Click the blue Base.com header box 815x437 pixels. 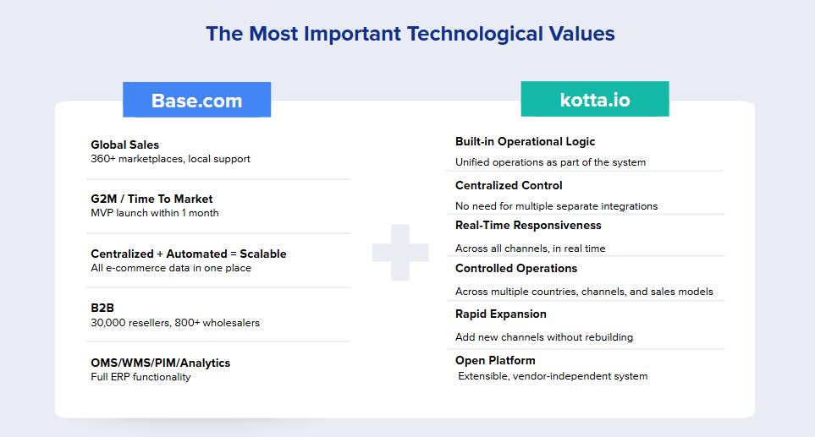point(196,100)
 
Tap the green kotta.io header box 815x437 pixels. point(595,99)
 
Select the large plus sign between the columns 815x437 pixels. point(400,252)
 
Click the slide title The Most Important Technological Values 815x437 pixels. point(410,34)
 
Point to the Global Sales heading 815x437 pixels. point(124,145)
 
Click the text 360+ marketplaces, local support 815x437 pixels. point(170,159)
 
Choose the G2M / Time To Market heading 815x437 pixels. point(151,199)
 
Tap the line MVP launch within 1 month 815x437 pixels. point(154,213)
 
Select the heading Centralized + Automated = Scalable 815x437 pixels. point(189,254)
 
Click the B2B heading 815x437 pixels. point(102,308)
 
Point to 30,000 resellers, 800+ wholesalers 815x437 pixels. point(175,323)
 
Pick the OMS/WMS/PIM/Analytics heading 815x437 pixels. point(161,363)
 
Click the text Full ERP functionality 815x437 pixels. point(140,377)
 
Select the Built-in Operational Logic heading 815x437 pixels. point(525,142)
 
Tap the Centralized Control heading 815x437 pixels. point(509,185)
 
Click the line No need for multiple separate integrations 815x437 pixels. point(556,206)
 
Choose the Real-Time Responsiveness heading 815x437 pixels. point(528,225)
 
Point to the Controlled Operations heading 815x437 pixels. point(516,268)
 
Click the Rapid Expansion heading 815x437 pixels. point(500,314)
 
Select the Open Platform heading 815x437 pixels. point(495,360)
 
